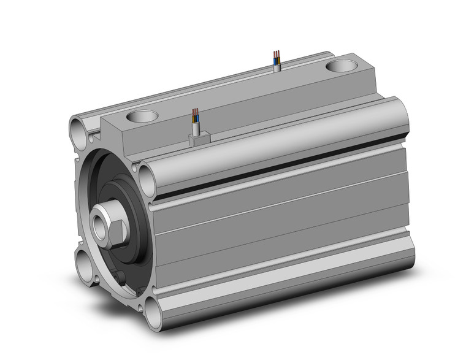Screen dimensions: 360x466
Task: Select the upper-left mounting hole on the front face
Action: tap(78, 130)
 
